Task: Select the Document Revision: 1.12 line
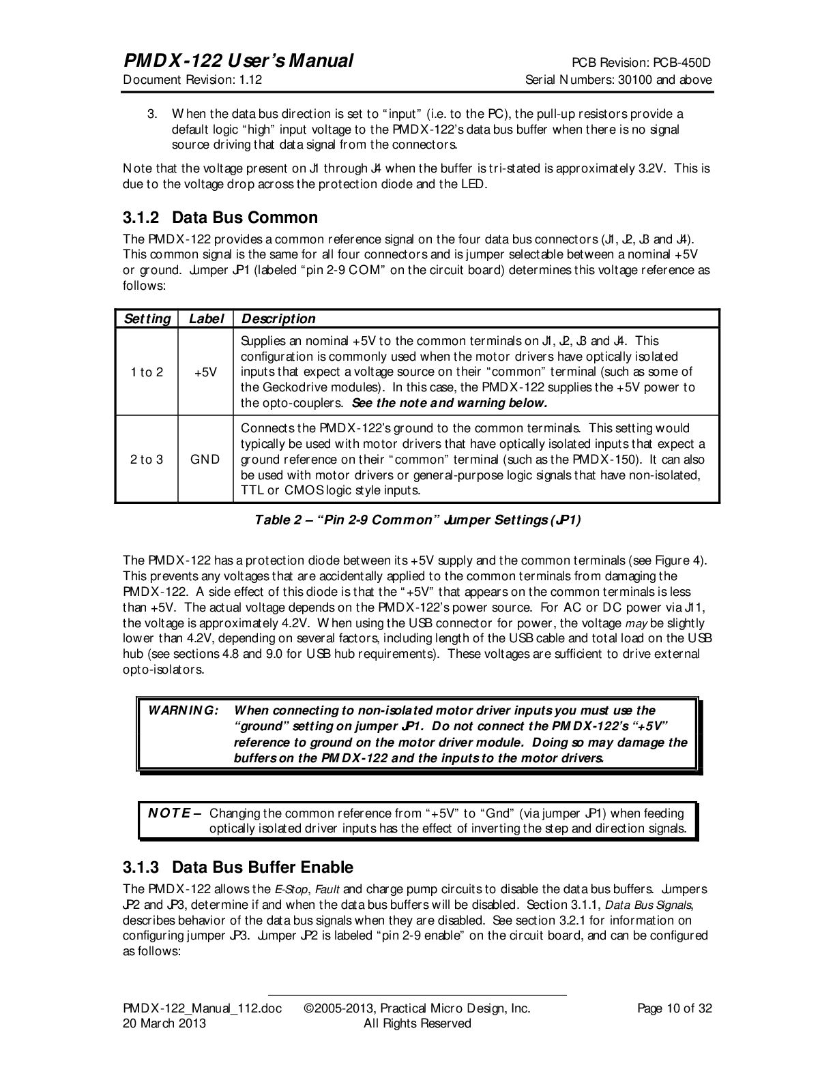(192, 80)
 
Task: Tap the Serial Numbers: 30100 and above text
(618, 80)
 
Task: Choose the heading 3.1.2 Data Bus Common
(220, 218)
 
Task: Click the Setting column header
(147, 319)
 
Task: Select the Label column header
(205, 319)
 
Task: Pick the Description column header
(279, 319)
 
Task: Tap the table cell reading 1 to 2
(147, 372)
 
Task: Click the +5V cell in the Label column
(205, 372)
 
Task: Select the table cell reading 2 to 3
(147, 460)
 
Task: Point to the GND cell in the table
(205, 460)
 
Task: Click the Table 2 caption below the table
(417, 520)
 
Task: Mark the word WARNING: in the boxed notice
(184, 710)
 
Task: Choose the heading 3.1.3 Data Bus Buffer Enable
(237, 868)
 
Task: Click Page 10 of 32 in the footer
(674, 1008)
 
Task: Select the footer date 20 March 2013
(164, 1023)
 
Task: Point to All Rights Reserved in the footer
(417, 1023)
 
